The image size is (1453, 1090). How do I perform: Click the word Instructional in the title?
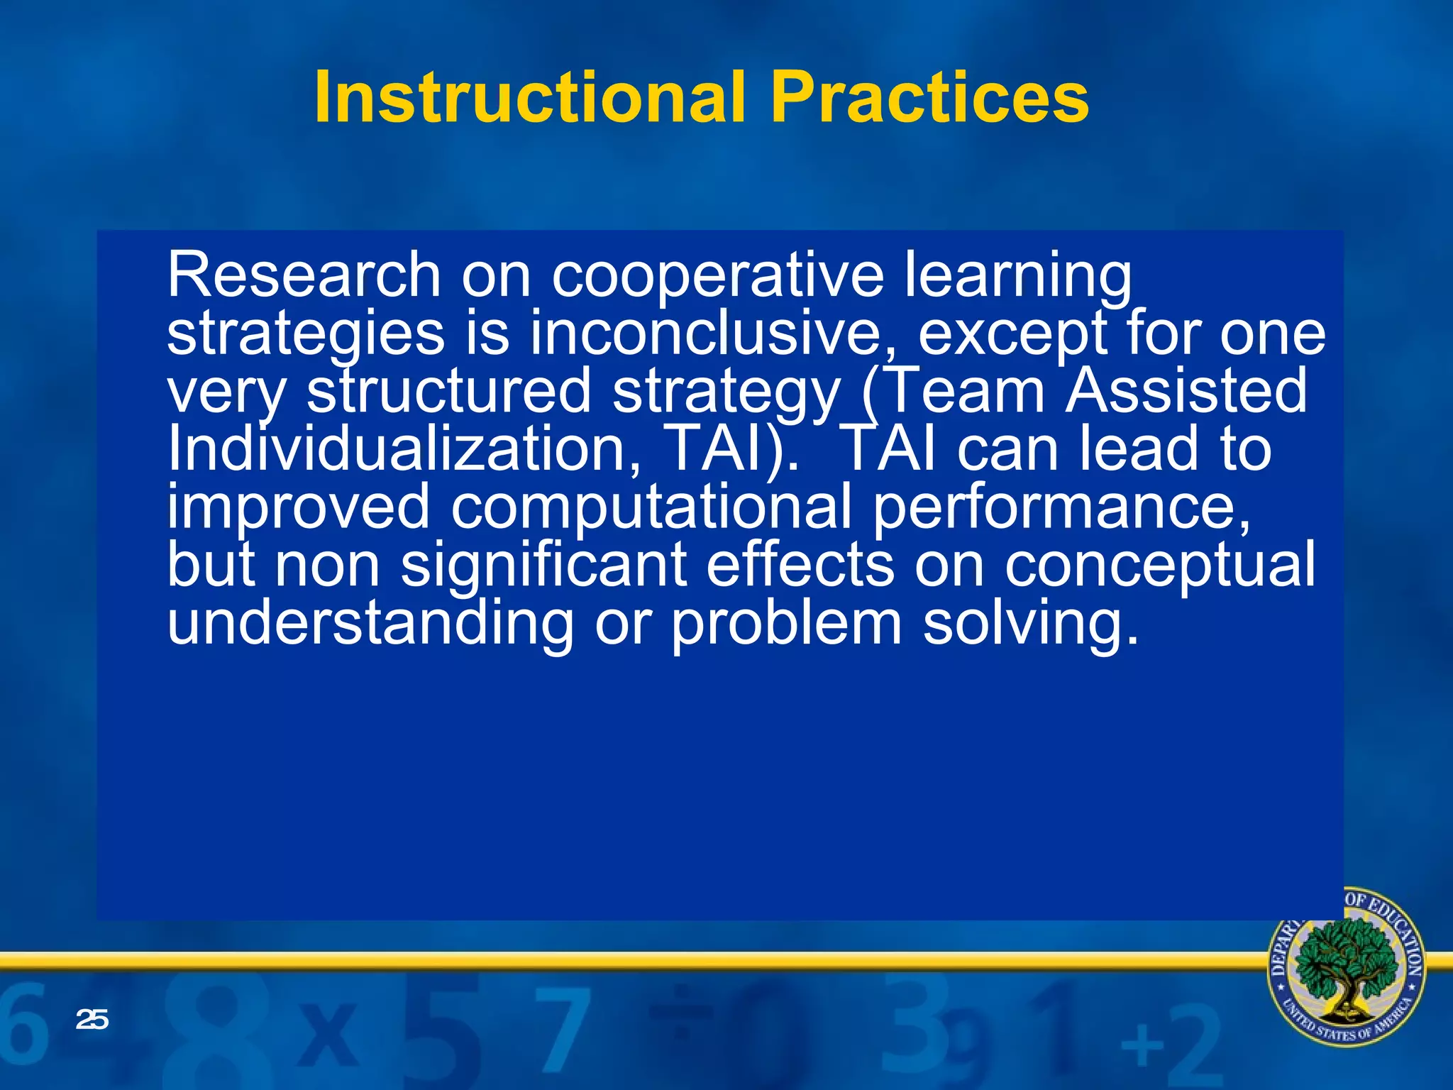529,97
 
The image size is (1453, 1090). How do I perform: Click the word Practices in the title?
929,97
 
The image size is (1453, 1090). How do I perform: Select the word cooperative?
718,277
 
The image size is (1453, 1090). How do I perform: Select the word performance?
1061,507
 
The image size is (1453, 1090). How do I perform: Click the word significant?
544,566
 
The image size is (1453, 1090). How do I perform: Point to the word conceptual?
1159,566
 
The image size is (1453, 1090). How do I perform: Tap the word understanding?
370,623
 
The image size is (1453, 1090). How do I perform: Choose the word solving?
1030,623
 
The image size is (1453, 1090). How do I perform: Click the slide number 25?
92,1020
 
